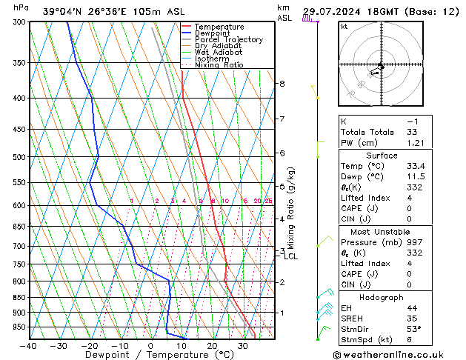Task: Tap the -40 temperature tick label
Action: (x=28, y=346)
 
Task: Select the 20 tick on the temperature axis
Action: (x=212, y=346)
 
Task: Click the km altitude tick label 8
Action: (x=282, y=84)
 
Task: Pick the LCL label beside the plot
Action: (x=291, y=257)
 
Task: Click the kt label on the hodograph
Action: (x=344, y=26)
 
